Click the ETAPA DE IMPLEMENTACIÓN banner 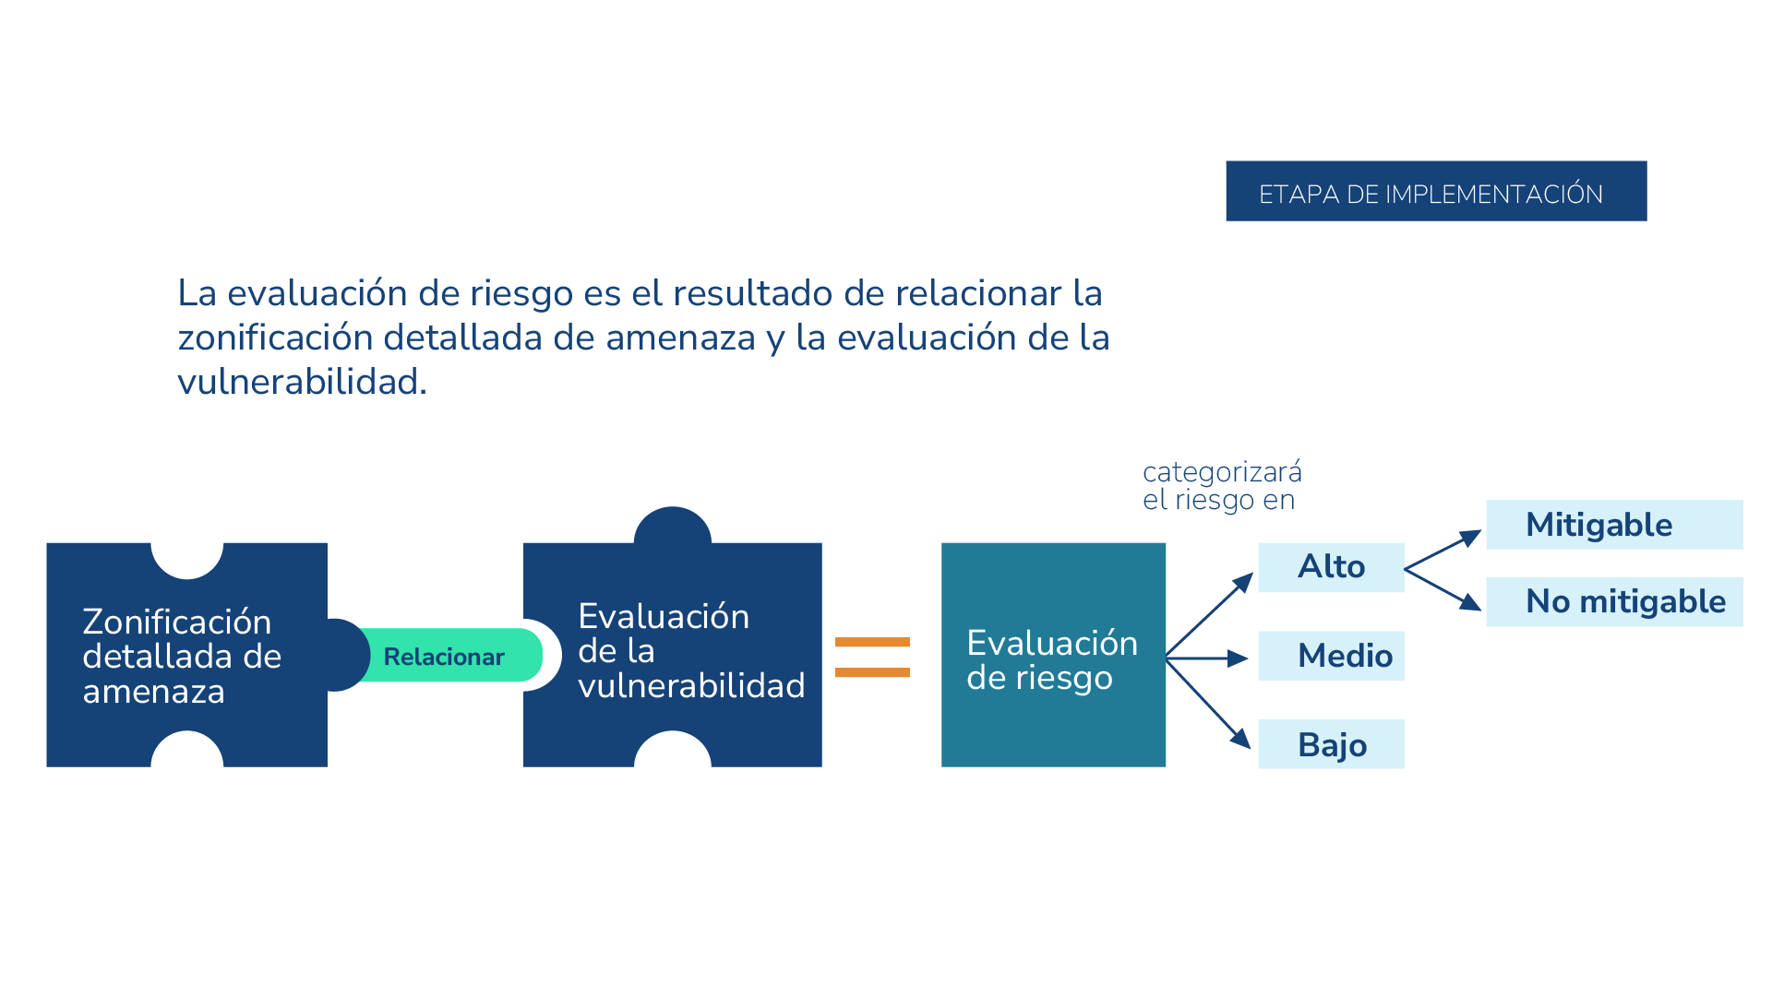[x=1435, y=191]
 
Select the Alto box [x=1330, y=567]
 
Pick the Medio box [x=1330, y=656]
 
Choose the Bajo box [x=1330, y=744]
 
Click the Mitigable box [x=1613, y=525]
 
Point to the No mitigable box [x=1613, y=602]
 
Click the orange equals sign [x=872, y=658]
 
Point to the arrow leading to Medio [x=1209, y=658]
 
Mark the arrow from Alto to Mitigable [x=1443, y=550]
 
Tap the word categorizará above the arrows [x=1222, y=472]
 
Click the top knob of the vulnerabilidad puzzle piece [x=673, y=526]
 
